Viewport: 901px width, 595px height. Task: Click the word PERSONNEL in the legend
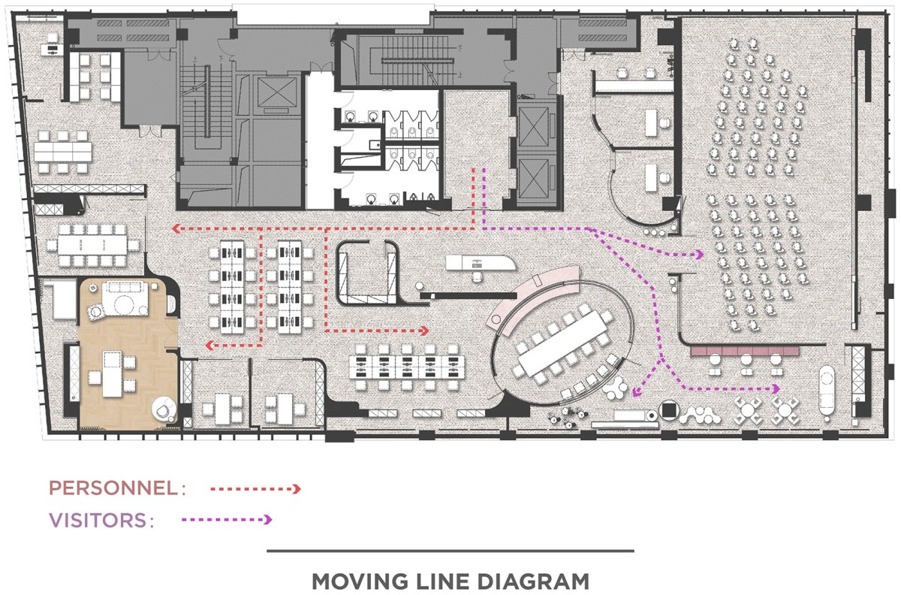[113, 488]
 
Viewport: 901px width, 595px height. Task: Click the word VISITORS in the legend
[98, 520]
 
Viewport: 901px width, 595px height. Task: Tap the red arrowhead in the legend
[297, 489]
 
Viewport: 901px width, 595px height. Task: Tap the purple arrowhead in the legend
[268, 519]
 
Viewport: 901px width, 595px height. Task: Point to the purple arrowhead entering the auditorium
[700, 255]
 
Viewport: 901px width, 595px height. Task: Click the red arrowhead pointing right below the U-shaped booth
[424, 331]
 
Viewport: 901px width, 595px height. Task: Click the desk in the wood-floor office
[112, 373]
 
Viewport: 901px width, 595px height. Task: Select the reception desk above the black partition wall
[481, 262]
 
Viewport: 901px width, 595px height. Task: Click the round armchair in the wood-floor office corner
[164, 409]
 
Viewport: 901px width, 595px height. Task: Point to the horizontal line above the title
[450, 551]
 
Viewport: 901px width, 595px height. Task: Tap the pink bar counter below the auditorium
[745, 351]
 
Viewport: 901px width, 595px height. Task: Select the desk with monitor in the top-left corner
[51, 49]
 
